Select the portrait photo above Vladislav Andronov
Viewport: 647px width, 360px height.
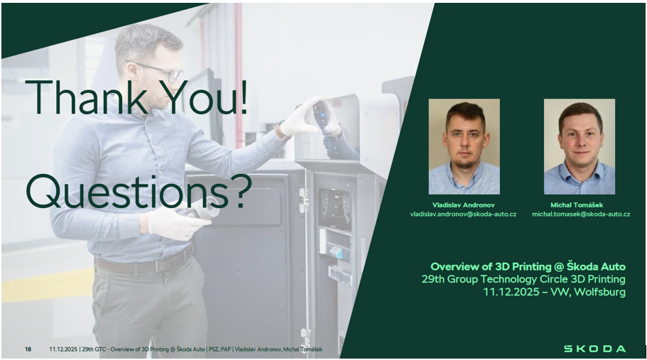[464, 146]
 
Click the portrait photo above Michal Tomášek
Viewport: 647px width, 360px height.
[580, 146]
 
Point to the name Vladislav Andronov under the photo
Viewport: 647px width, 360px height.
[463, 205]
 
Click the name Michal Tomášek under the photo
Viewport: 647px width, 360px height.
[577, 205]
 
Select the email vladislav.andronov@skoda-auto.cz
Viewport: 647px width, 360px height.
[463, 214]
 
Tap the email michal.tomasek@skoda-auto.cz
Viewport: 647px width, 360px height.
[581, 214]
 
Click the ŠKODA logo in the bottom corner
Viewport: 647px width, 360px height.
[594, 349]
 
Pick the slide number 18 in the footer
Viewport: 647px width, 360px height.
[28, 349]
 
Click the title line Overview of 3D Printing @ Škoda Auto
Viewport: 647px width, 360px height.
[528, 266]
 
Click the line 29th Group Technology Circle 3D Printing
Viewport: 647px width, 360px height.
[523, 279]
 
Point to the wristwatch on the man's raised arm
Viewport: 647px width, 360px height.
[281, 131]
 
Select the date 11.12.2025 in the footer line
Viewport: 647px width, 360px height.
[63, 349]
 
